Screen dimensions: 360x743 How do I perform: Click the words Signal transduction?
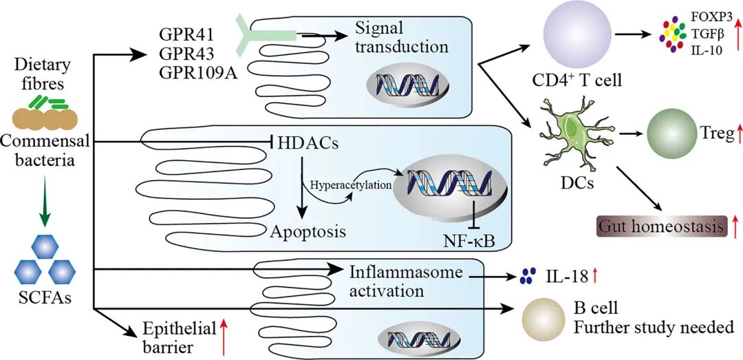(402, 39)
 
